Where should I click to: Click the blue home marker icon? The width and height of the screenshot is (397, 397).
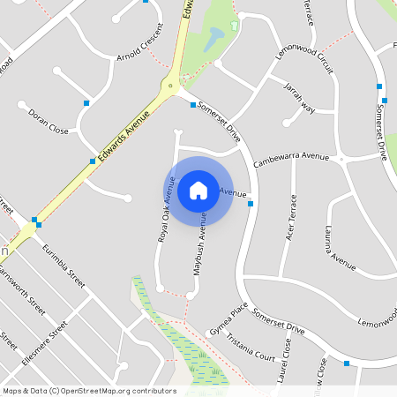(x=198, y=191)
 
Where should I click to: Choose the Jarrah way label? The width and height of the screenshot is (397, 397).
(x=299, y=97)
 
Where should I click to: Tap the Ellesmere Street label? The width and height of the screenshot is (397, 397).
(x=45, y=343)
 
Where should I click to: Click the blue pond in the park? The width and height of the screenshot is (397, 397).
(x=213, y=39)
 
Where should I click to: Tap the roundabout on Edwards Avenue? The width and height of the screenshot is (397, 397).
(x=168, y=86)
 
